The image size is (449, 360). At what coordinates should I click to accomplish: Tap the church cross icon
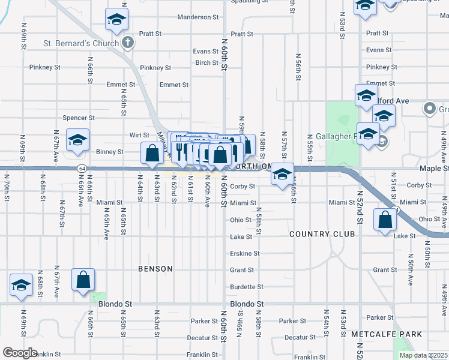pyautogui.click(x=127, y=43)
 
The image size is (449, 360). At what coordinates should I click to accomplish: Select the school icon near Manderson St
pyautogui.click(x=116, y=20)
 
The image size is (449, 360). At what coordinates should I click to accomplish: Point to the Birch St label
pyautogui.click(x=206, y=63)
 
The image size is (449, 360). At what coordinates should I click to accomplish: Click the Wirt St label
pyautogui.click(x=139, y=136)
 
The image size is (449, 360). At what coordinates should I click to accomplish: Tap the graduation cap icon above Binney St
pyautogui.click(x=77, y=140)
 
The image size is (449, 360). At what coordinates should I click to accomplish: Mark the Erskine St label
pyautogui.click(x=245, y=254)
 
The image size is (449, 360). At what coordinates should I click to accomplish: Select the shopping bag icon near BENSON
pyautogui.click(x=83, y=280)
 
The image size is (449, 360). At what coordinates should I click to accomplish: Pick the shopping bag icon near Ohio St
pyautogui.click(x=384, y=220)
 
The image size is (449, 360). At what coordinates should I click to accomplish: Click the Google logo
pyautogui.click(x=20, y=353)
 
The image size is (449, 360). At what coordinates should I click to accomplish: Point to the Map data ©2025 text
pyautogui.click(x=423, y=355)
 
